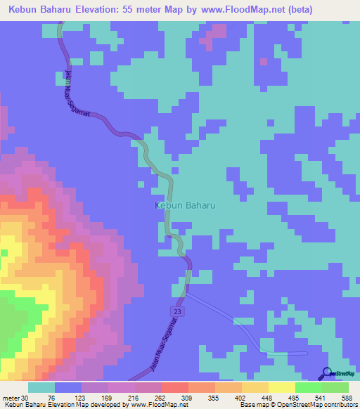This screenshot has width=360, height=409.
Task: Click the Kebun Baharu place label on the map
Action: click(x=184, y=205)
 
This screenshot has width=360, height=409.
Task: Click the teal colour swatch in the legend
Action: click(x=41, y=388)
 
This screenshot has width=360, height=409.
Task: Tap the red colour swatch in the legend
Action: click(x=175, y=388)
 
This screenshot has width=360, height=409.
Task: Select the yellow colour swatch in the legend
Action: click(x=282, y=388)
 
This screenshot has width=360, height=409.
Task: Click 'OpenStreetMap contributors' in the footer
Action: click(x=317, y=405)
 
